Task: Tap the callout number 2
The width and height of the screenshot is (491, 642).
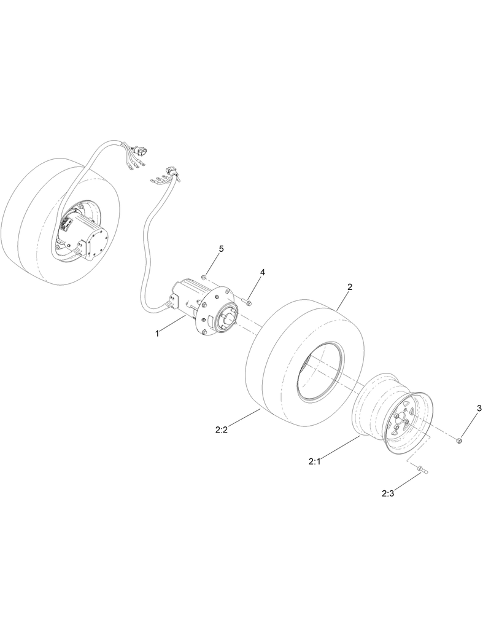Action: [x=349, y=286]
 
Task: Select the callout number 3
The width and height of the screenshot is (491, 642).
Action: [x=479, y=408]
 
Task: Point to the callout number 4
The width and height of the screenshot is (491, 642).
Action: [x=262, y=272]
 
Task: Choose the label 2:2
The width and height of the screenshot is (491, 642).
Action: [x=222, y=430]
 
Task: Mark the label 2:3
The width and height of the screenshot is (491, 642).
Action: [x=388, y=493]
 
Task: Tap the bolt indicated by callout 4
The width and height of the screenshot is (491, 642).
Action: [x=247, y=302]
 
